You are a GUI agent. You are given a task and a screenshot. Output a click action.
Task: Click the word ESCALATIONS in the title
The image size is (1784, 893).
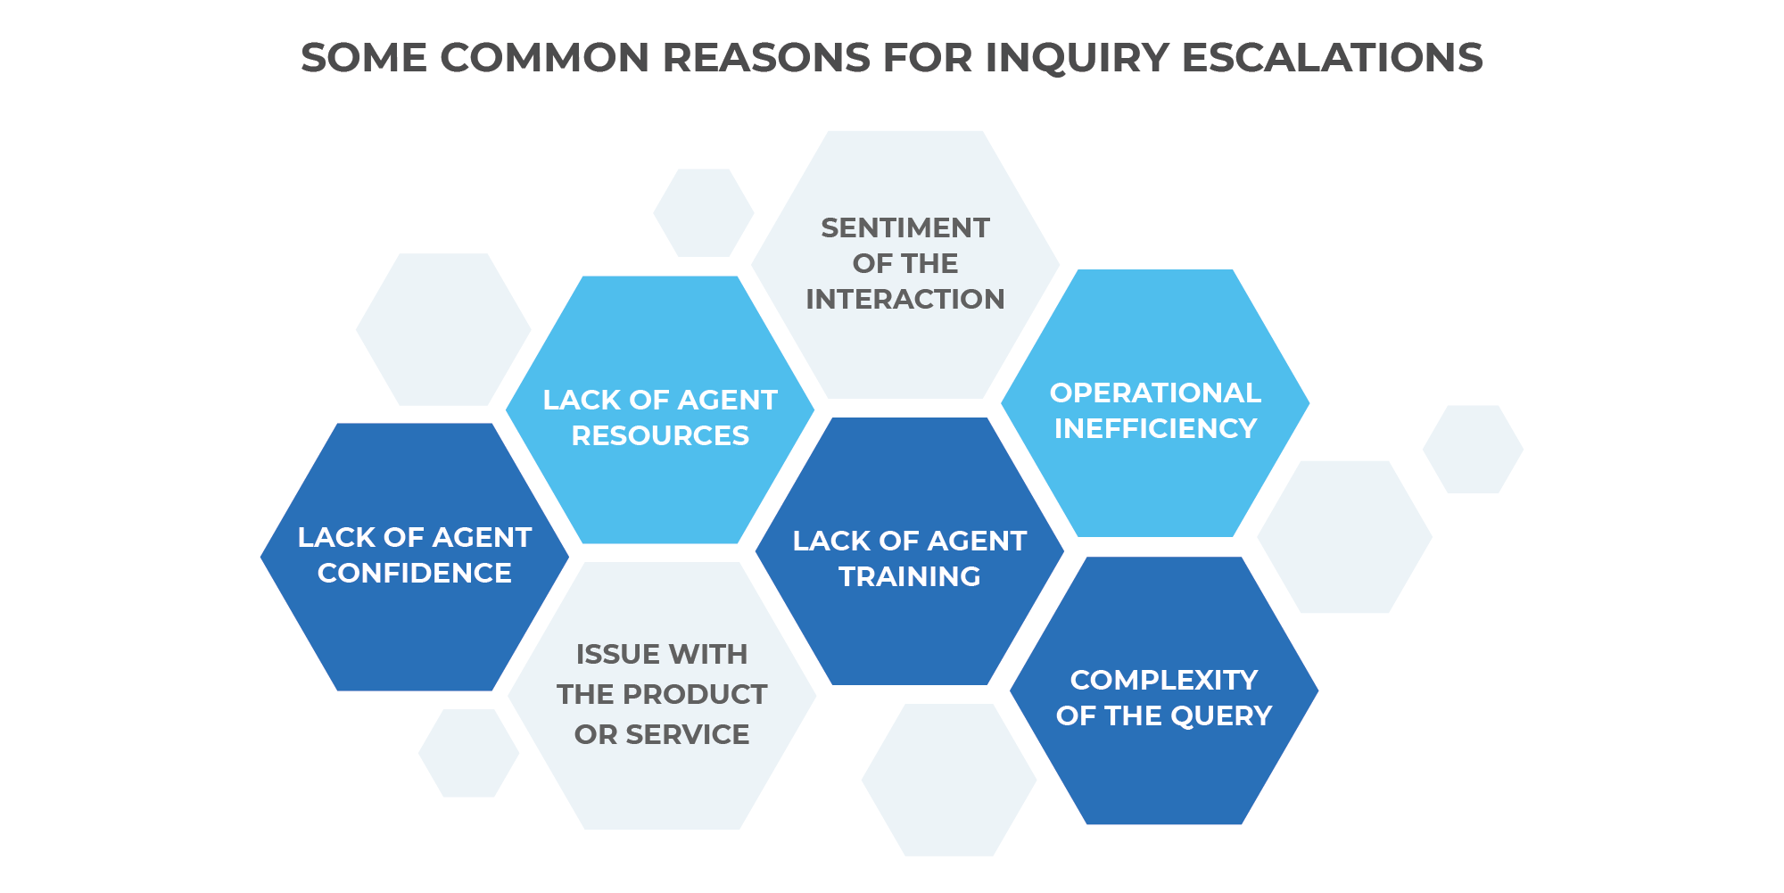[1332, 58]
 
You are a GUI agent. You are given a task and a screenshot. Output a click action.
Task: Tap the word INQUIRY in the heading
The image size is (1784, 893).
[1077, 58]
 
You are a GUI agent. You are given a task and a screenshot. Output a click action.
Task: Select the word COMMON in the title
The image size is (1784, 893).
[544, 58]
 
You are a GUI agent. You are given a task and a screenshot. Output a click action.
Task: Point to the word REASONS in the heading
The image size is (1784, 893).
[765, 58]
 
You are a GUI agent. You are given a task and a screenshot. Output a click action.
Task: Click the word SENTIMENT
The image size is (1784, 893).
[904, 228]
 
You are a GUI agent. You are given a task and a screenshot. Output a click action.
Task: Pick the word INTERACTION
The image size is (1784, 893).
[904, 300]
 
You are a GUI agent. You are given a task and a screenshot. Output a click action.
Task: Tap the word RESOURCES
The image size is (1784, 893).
[660, 436]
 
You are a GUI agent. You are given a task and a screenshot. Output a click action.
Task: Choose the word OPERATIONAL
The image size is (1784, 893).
[1155, 393]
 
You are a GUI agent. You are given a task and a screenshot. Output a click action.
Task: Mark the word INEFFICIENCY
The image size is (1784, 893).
[1155, 429]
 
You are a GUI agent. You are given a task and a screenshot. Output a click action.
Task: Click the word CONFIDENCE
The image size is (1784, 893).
[415, 574]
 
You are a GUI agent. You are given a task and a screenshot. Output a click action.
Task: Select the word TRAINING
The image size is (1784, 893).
[910, 577]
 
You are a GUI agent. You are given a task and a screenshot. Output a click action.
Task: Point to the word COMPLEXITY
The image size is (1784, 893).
[1164, 681]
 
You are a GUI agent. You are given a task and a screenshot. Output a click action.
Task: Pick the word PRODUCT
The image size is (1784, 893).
[695, 695]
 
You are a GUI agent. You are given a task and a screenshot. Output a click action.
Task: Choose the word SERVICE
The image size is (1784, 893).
[688, 735]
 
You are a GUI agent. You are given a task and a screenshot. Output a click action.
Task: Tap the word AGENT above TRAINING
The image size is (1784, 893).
[976, 542]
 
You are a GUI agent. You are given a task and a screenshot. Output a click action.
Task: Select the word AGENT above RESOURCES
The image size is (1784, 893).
[727, 401]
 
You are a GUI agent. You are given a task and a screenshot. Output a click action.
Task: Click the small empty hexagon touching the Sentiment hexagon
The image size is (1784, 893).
[703, 213]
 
